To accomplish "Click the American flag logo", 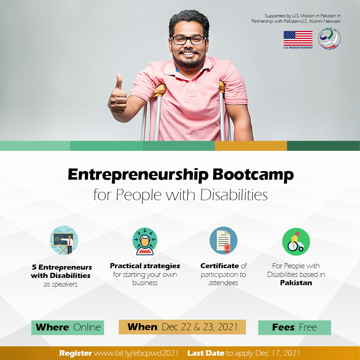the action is [x=298, y=39].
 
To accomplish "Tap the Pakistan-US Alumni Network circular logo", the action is [x=329, y=39].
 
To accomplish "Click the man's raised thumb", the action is [x=119, y=82].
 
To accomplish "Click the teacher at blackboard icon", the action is [x=64, y=240].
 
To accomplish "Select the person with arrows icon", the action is [x=145, y=241].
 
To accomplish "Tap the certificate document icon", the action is [x=224, y=240].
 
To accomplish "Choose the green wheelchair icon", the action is [x=296, y=242].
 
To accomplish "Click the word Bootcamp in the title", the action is [x=253, y=175].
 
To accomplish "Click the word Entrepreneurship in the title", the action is [x=138, y=175].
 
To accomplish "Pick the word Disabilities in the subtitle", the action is [x=234, y=195].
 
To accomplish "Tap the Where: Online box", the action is [x=68, y=327].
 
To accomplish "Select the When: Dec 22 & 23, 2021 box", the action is [x=182, y=327].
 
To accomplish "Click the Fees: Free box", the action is [x=294, y=327].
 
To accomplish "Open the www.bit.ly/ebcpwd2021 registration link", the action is [x=136, y=353].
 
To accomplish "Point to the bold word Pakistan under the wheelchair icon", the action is [x=296, y=283].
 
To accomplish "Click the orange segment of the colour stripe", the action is [x=251, y=146].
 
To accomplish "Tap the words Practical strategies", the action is [x=145, y=266].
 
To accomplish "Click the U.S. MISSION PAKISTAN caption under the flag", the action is [x=298, y=48].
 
